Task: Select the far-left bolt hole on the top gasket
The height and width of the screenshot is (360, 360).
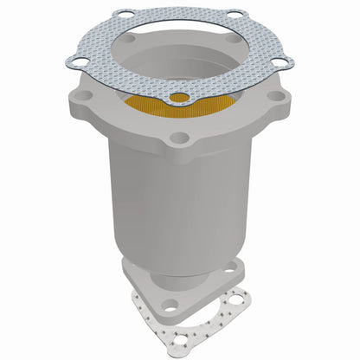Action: (x=78, y=61)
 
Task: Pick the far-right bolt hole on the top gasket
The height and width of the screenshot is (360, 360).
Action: (x=283, y=61)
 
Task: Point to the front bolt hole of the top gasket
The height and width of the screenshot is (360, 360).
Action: (x=179, y=97)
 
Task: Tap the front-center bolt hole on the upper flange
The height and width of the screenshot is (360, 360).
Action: (x=180, y=137)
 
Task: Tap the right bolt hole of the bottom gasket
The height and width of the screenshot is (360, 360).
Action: (x=232, y=302)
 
